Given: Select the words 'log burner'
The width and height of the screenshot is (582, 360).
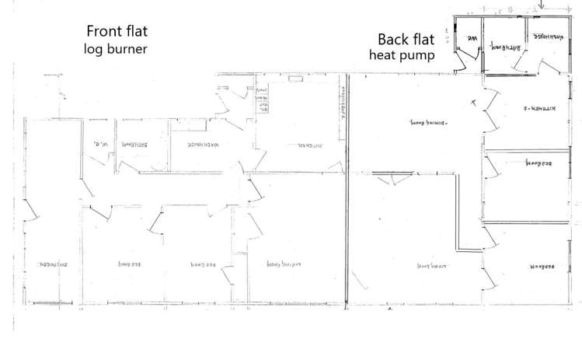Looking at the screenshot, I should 116,50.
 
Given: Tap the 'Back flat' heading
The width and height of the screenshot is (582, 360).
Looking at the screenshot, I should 405,40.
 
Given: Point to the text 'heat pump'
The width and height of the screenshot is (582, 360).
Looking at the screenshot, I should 402,56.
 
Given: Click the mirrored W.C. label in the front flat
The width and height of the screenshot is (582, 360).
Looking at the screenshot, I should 99,143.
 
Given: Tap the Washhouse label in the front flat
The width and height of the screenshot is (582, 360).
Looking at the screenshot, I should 189,144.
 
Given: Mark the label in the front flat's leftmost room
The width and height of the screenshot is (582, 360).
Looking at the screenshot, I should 51,264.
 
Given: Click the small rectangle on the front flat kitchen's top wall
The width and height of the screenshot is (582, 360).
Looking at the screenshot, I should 295,78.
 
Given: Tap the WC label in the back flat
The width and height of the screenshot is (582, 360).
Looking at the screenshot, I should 471,40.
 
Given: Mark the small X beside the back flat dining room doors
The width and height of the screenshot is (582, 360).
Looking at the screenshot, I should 473,102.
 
